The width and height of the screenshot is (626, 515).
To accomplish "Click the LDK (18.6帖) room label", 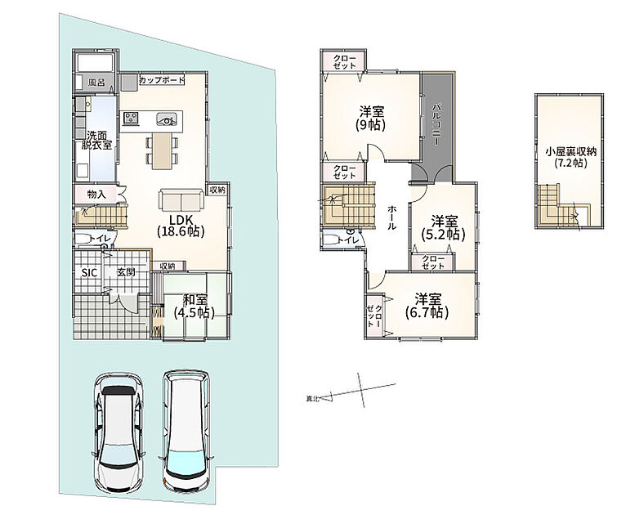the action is coord(181,226).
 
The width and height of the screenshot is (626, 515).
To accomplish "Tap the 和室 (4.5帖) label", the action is coord(195,306).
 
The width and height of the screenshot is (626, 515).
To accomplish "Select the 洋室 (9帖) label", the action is coord(371,119).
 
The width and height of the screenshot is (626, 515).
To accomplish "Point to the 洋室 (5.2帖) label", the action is coord(444,227).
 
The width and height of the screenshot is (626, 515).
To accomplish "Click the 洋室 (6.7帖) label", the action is coord(427,306).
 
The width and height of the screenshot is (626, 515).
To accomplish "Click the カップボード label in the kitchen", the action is coord(162,80).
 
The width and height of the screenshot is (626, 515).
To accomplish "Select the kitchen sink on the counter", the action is coord(167,118).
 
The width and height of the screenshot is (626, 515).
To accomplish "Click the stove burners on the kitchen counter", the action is coord(131,118).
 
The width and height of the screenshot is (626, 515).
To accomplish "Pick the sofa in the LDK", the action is coord(181,199).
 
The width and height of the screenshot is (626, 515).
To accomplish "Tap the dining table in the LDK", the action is coord(162,151).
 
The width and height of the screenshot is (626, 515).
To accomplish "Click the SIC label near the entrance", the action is coord(89,273).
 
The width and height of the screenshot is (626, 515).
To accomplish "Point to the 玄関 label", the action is coord(126,273).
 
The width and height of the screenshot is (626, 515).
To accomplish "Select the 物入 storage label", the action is coord(96,195).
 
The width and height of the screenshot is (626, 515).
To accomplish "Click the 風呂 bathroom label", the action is coord(96,83).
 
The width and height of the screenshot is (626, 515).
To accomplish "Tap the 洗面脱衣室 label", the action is coord(96,140).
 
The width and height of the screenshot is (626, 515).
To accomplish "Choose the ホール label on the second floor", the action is coord(392,217).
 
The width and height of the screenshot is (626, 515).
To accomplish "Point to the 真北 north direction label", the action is coord(313,398).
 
